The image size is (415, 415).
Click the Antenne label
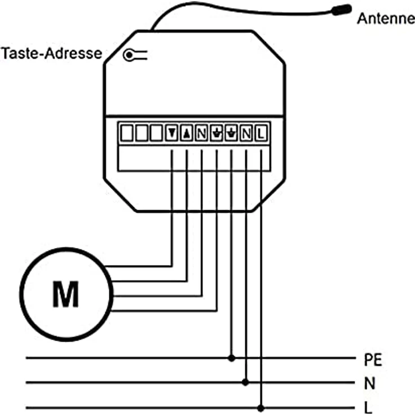point(386,19)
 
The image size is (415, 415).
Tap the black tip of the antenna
point(342,10)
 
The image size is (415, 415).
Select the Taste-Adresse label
point(52,53)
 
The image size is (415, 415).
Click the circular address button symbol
point(129,55)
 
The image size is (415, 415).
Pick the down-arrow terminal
point(171,133)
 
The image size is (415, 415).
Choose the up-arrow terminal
point(187,133)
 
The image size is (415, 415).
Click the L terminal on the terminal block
point(261,133)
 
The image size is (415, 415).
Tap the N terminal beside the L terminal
point(246,133)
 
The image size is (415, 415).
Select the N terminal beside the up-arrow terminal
point(201,133)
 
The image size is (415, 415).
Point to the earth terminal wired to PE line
point(231,133)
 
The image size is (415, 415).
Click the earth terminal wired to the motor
point(217,133)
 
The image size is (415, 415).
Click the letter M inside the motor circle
point(65,294)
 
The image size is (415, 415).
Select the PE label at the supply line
point(373,360)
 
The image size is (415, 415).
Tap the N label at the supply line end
point(370,383)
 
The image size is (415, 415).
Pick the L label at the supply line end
point(368,408)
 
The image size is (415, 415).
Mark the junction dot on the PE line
point(232,358)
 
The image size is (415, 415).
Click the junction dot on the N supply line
point(246,382)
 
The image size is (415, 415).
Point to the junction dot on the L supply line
point(261,408)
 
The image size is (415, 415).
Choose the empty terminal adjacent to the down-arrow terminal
point(156,133)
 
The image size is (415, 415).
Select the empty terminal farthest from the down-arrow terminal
point(127,133)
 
